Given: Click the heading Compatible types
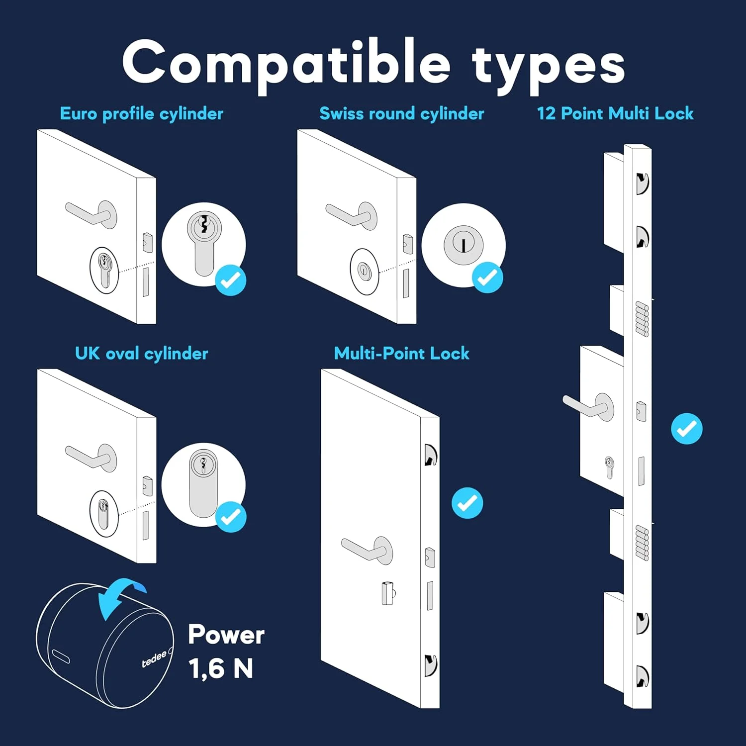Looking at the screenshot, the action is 373,65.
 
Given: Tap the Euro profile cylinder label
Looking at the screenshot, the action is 142,114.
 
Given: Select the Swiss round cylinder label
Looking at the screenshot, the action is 402,114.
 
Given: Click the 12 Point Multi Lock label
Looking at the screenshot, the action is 615,113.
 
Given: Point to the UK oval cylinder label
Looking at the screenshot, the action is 142,354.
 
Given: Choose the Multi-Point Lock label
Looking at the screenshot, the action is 402,353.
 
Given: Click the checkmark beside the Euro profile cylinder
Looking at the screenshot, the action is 231,280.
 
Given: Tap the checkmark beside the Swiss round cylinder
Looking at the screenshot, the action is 487,277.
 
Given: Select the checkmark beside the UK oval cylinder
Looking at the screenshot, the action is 231,517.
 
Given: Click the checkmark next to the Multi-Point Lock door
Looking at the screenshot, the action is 467,503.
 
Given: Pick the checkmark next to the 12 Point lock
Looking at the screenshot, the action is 687,428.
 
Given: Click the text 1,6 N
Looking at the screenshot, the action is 221,668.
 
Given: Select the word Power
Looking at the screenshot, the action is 226,635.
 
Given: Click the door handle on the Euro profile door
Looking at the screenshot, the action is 92,214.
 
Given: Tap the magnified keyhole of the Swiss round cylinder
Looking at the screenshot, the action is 464,245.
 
